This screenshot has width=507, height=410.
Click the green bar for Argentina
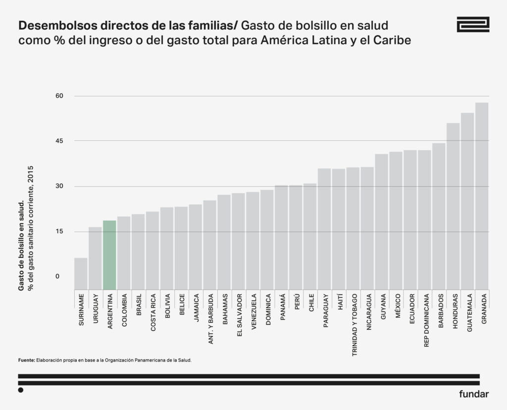[x=109, y=255]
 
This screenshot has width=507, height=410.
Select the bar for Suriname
[x=81, y=273]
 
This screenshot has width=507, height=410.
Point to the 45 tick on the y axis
[x=60, y=141]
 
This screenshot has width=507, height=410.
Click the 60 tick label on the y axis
[x=60, y=96]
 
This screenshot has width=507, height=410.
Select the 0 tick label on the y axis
[x=57, y=276]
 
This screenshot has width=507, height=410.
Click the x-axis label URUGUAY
[x=96, y=310]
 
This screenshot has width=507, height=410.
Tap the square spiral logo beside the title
[x=473, y=25]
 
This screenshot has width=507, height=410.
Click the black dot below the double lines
[x=21, y=390]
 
